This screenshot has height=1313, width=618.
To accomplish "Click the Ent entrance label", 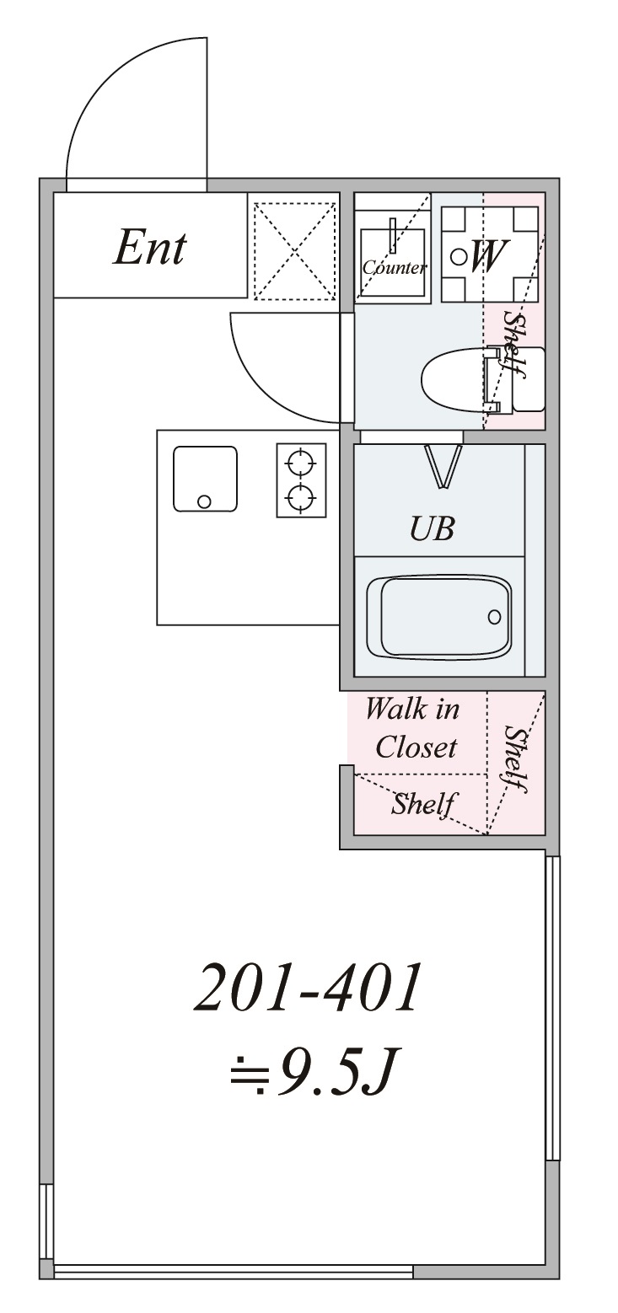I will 149,248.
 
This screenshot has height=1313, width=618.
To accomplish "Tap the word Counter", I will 394,268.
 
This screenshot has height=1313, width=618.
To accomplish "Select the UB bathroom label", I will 432,528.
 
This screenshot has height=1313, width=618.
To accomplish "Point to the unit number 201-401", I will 307,989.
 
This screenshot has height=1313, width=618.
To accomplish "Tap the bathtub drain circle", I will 494,617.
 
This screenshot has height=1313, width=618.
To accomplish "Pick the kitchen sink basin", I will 205,479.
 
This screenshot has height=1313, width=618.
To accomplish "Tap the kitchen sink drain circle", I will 204,501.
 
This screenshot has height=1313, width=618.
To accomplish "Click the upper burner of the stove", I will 301,463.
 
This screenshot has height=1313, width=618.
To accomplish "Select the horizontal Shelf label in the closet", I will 424,804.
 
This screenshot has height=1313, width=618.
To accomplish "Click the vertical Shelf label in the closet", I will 514,758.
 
